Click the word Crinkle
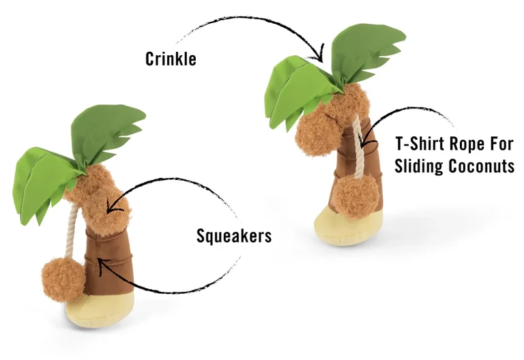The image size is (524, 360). (x=171, y=59)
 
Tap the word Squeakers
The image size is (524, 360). (x=234, y=235)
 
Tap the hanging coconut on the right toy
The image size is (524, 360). (x=357, y=196)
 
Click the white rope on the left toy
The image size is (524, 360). (x=72, y=234)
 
